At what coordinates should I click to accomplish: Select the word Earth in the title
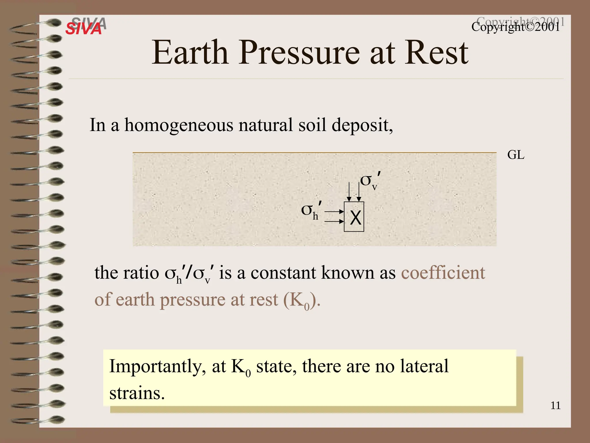(x=190, y=53)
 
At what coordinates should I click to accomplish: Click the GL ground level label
(x=516, y=155)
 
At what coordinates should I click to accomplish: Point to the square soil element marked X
(x=354, y=217)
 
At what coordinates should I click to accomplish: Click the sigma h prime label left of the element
(x=311, y=210)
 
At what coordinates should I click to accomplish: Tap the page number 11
(x=555, y=406)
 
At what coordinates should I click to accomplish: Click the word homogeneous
(x=179, y=126)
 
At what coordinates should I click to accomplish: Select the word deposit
(x=362, y=126)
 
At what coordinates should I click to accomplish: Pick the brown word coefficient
(x=443, y=273)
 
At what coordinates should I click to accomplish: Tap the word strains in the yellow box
(x=137, y=393)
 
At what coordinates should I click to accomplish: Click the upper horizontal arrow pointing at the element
(x=334, y=212)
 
